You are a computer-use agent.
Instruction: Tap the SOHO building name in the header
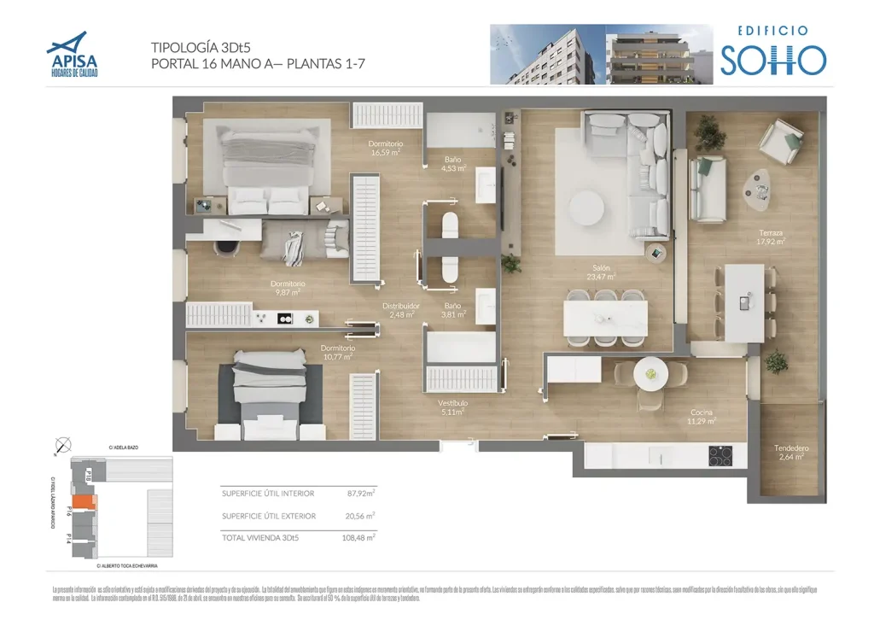(x=772, y=60)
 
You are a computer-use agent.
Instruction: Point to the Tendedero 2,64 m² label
(x=791, y=453)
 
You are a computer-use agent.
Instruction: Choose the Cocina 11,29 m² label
(x=702, y=416)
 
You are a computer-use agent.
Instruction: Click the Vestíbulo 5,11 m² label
(x=452, y=407)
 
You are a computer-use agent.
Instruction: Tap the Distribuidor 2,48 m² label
(x=400, y=309)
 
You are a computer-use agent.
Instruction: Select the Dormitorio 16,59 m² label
(x=386, y=149)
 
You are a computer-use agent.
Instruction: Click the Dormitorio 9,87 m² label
(x=288, y=288)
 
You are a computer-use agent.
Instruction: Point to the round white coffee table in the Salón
(x=588, y=207)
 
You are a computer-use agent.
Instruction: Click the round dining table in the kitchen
(x=651, y=373)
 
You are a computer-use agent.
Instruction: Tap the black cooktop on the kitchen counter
(x=720, y=456)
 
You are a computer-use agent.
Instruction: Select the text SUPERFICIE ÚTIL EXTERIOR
(x=268, y=516)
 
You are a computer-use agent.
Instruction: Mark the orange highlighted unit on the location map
(x=83, y=503)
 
